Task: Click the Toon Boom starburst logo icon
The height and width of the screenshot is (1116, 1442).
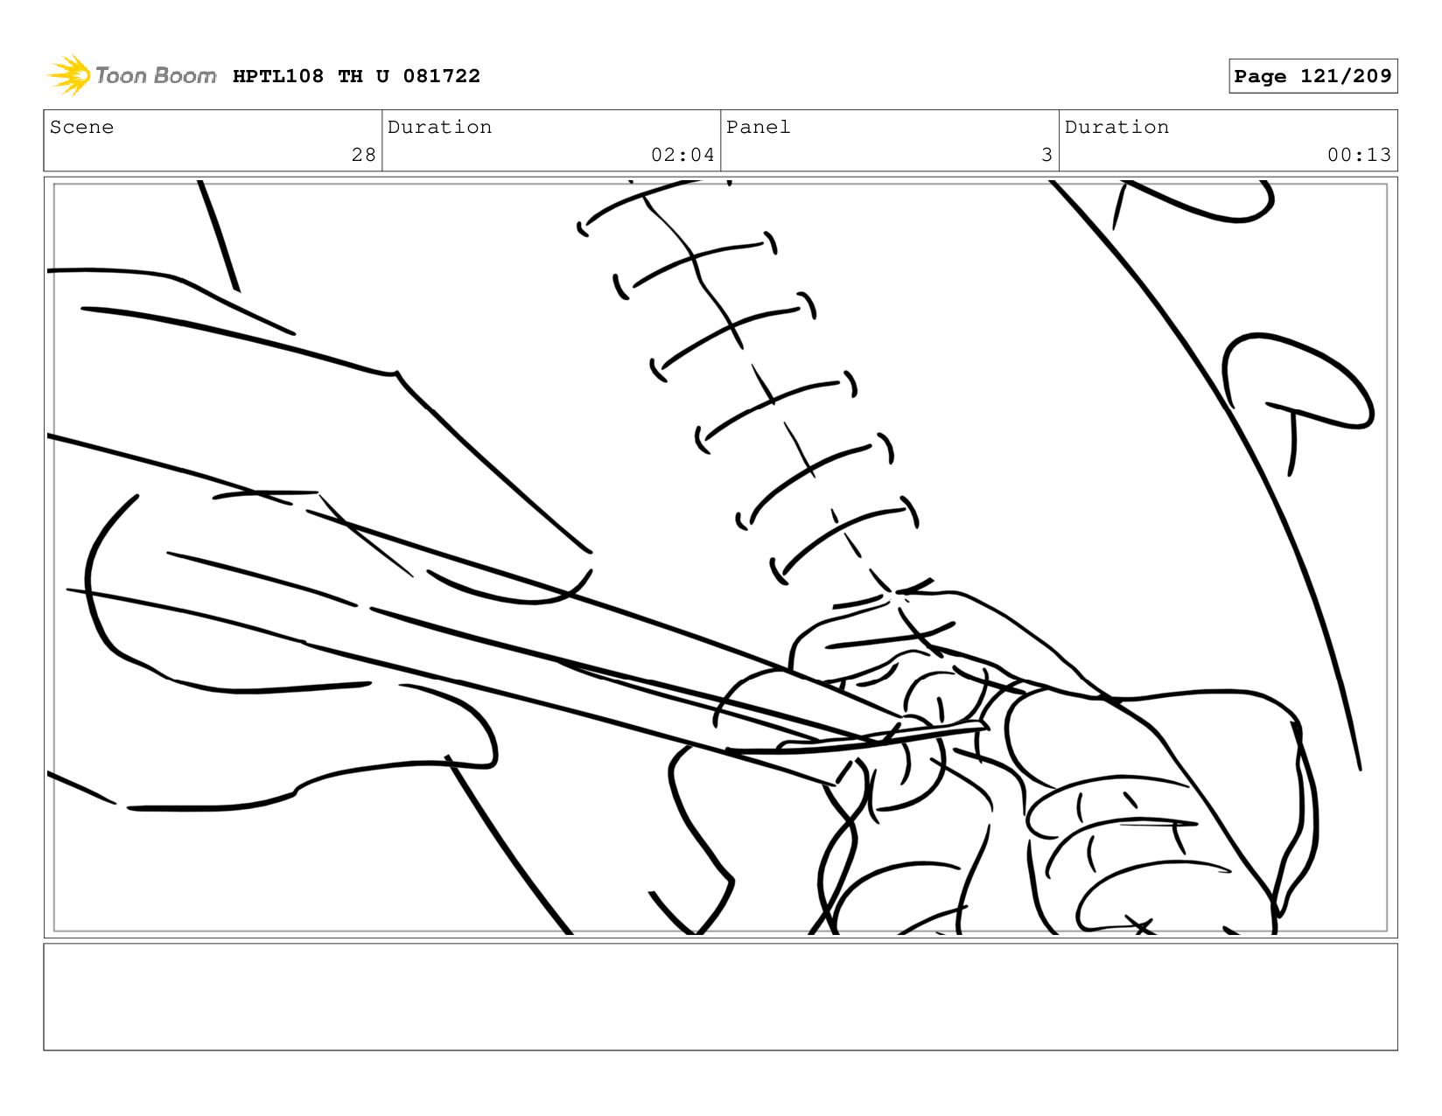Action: [69, 75]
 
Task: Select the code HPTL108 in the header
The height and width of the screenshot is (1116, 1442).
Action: [278, 76]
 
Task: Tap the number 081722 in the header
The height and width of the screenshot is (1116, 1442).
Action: [441, 76]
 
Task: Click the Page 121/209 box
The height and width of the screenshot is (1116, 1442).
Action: [1312, 75]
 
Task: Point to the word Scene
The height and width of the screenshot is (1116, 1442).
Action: [81, 127]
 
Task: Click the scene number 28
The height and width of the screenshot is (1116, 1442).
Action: [363, 155]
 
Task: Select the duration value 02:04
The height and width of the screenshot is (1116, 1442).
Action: [682, 155]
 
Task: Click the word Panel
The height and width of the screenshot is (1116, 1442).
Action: [758, 127]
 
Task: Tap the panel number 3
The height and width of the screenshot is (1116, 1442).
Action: [1046, 155]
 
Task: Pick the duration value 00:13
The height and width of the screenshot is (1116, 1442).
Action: [1359, 155]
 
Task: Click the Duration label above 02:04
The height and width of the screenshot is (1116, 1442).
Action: [439, 127]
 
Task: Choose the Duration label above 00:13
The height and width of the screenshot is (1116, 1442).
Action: [1116, 127]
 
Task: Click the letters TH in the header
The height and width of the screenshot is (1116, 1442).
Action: [350, 76]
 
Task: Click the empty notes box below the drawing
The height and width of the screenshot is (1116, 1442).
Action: [720, 997]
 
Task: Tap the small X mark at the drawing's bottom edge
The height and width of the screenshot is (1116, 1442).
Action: [1140, 925]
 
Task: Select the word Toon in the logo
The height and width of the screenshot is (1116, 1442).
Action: [122, 75]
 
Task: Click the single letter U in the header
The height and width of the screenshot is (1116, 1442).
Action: [382, 76]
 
